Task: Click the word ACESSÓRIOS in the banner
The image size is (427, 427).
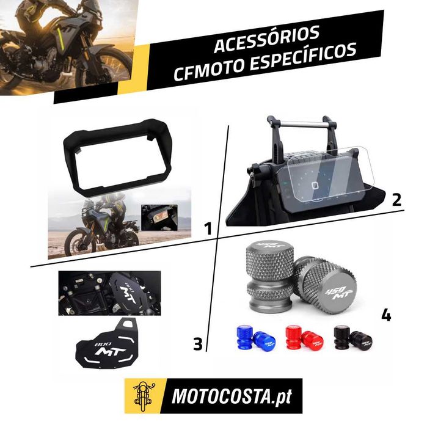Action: pos(266,39)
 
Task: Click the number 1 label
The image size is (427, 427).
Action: pos(208,228)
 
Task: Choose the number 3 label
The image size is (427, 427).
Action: pos(198,344)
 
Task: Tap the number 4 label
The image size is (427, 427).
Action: pos(386,315)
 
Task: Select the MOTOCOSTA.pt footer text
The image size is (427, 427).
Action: pos(232,396)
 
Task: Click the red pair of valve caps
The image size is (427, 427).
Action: pos(304,339)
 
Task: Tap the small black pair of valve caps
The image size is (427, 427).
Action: pos(353,339)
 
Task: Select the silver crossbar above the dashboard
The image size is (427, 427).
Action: pos(301,124)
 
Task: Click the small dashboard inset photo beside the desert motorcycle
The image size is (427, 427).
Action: pos(159,218)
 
